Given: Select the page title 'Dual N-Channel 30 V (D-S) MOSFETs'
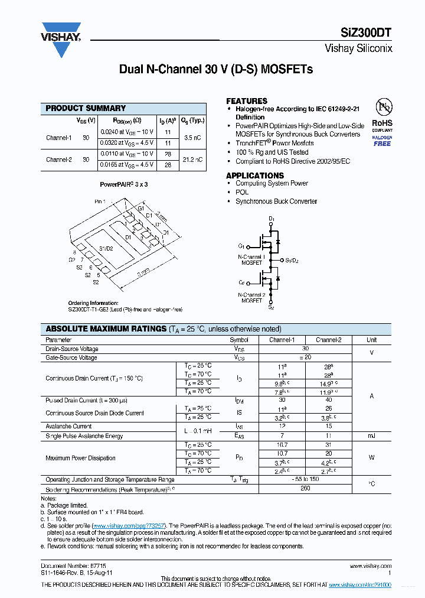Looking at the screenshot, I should click(216, 70).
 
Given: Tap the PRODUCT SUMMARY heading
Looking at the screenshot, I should click(86, 108).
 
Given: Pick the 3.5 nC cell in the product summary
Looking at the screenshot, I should click(192, 137).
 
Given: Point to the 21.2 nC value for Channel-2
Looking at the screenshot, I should click(192, 160).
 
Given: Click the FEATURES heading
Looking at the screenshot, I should click(247, 101).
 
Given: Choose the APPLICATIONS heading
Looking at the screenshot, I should click(255, 175).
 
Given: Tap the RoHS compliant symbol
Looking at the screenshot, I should click(382, 113).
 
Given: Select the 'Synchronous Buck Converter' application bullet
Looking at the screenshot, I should click(276, 201).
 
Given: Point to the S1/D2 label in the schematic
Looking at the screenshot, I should click(292, 260).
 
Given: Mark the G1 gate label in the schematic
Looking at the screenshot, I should click(241, 246).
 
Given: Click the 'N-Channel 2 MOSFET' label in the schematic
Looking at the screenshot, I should click(251, 297).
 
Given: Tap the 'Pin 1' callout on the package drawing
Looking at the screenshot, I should click(100, 201).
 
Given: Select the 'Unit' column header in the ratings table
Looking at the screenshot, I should click(371, 340).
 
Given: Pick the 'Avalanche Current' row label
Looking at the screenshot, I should click(68, 426).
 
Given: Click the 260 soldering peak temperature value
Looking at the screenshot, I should click(305, 489).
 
